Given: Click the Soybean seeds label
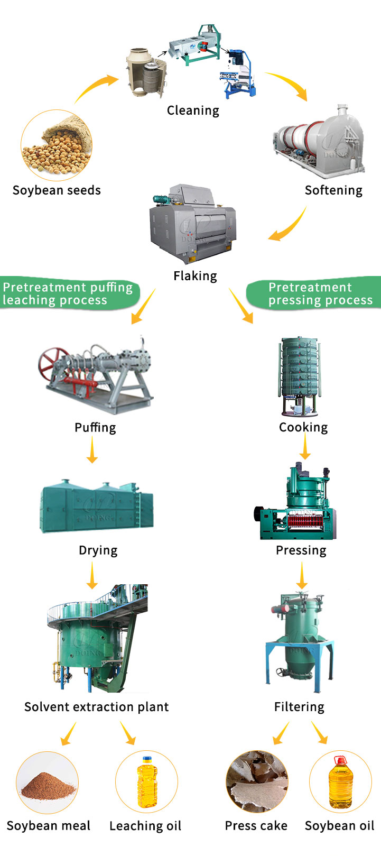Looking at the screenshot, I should [x=57, y=190].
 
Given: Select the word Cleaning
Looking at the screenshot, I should [x=193, y=111].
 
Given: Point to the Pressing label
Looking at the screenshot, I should [x=301, y=550].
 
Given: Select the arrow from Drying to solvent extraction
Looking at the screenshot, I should [x=92, y=575].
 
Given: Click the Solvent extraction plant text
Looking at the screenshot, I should [x=97, y=707].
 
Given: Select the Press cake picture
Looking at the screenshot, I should [x=257, y=781].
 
